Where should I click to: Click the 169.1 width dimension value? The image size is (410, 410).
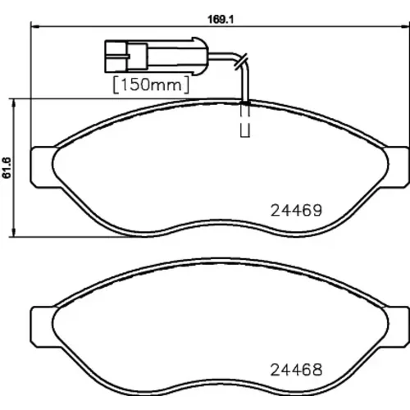(x=221, y=20)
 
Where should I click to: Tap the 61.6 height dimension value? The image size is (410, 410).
(x=7, y=168)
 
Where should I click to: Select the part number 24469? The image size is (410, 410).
(x=296, y=211)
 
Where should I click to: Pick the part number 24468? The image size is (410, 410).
(x=296, y=370)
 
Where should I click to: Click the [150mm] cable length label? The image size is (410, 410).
(x=151, y=84)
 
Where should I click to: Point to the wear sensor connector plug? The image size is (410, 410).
(x=157, y=56)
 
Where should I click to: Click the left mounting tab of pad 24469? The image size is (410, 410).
(x=43, y=167)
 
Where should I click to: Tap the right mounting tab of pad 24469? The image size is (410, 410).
(x=396, y=167)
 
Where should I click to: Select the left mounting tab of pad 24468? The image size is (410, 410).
(x=43, y=327)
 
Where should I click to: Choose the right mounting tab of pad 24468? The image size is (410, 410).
(x=396, y=327)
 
